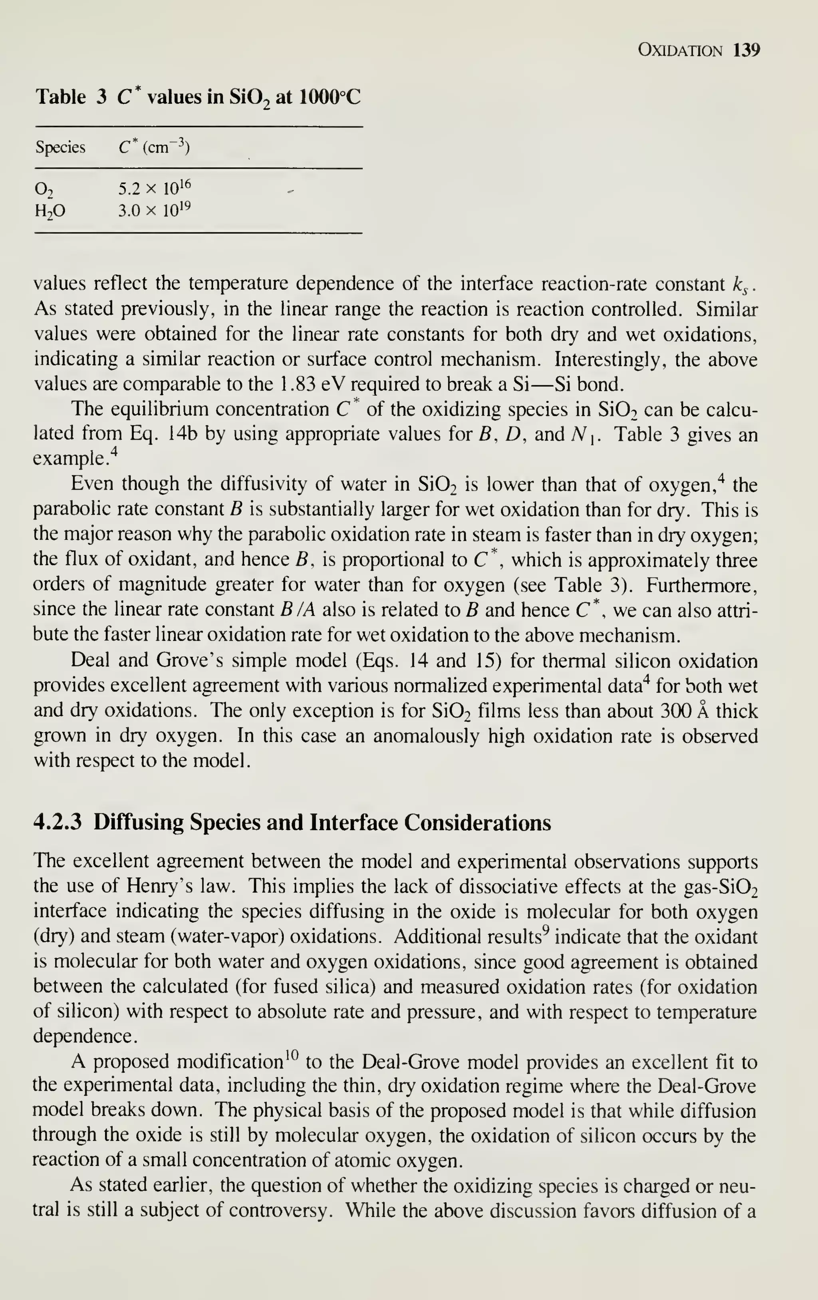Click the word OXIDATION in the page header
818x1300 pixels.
[679, 51]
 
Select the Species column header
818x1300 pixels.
[60, 147]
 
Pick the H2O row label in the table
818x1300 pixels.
[50, 211]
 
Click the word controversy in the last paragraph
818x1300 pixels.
[279, 1211]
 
